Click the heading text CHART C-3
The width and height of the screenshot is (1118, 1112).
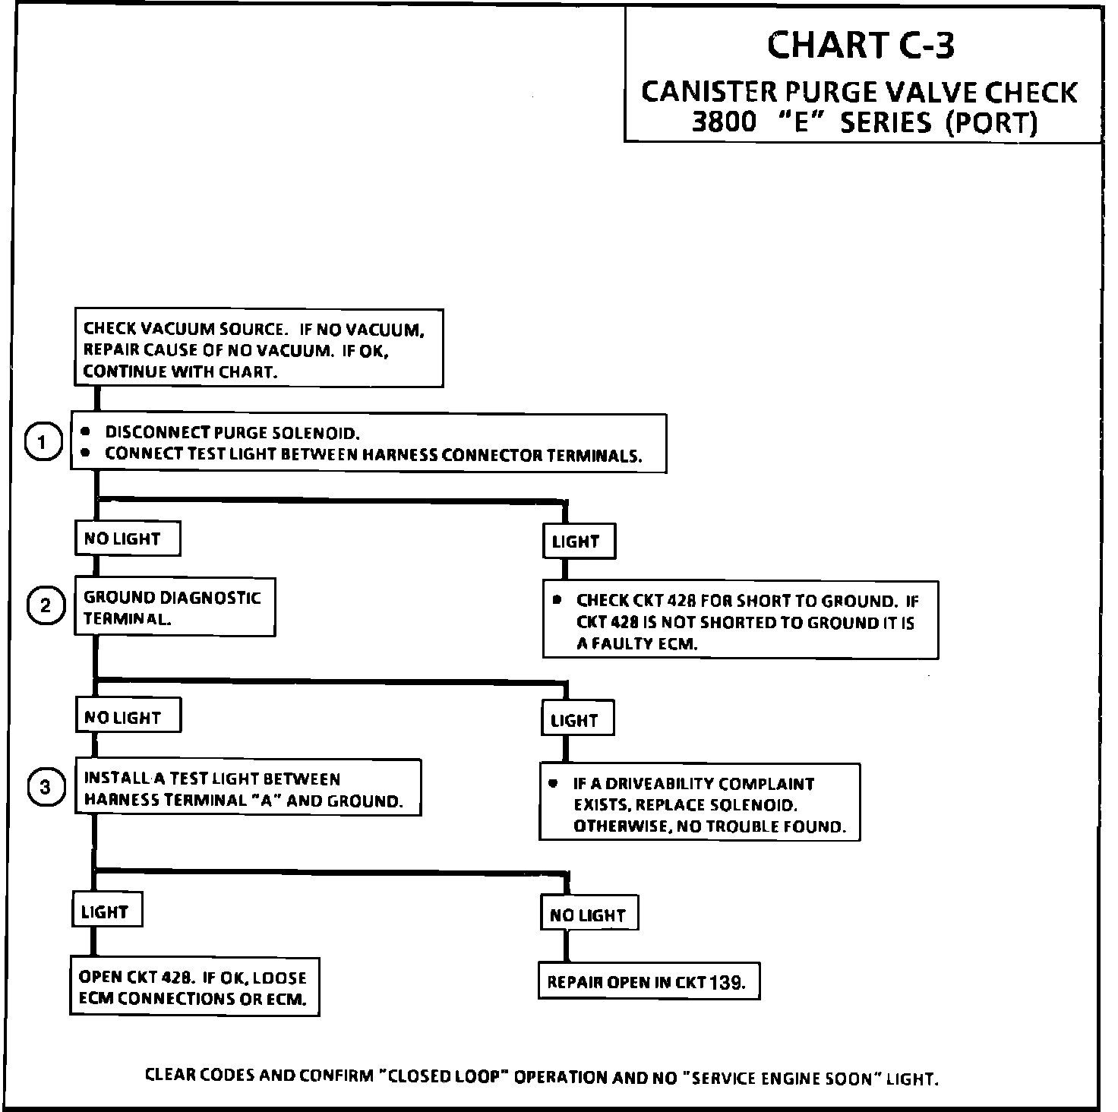coord(861,45)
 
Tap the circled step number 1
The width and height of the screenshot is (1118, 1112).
coord(43,443)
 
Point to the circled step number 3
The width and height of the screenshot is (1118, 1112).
coord(46,787)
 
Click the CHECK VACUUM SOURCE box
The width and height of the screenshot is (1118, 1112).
coord(258,349)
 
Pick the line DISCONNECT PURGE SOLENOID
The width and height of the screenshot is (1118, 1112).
coord(232,433)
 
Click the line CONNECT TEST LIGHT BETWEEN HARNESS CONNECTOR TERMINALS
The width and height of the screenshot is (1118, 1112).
coord(373,455)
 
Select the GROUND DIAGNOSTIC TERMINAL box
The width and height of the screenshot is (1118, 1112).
coord(174,608)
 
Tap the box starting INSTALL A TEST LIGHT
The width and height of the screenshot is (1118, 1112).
coord(248,788)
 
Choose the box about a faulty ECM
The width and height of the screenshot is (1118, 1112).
coord(741,621)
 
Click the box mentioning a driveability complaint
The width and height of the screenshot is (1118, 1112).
coord(700,804)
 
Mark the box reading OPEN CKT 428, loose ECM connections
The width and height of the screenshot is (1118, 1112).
coord(194,987)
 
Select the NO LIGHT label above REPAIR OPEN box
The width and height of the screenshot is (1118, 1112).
coord(588,915)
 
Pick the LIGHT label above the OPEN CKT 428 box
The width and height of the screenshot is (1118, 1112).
coord(106,911)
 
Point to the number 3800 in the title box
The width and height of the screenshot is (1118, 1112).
coord(724,122)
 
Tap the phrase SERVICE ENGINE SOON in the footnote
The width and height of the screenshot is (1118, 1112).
coord(775,1077)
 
